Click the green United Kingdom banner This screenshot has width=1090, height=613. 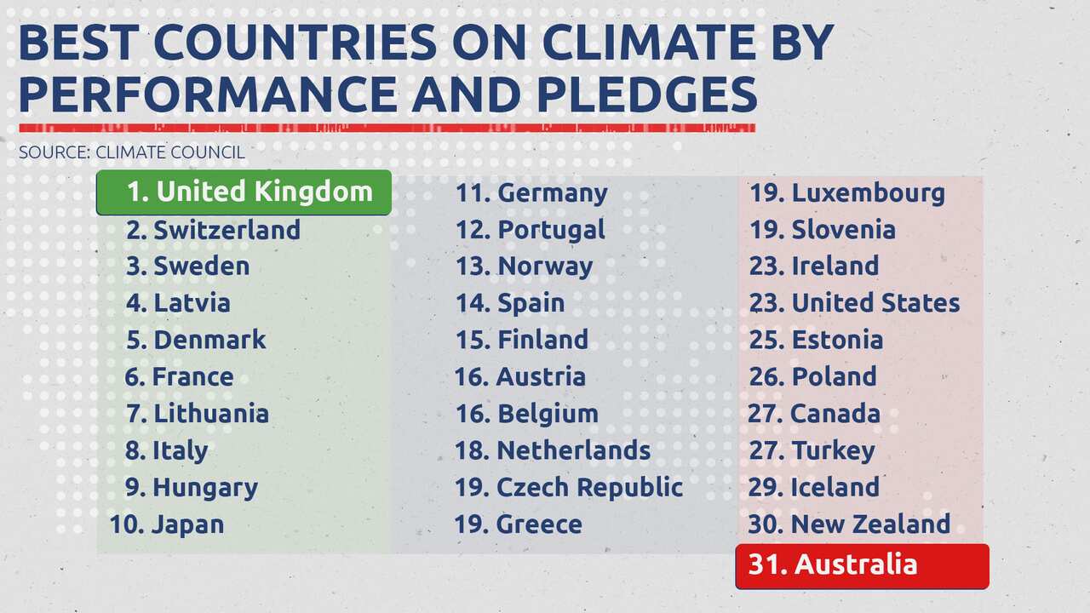click(244, 192)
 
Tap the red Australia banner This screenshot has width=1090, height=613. click(862, 565)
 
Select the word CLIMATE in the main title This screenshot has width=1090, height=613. click(630, 43)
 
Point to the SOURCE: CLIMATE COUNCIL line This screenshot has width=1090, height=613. click(132, 153)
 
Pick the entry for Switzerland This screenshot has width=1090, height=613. click(213, 230)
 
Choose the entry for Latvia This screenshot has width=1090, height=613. click(178, 303)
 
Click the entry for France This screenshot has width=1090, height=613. click(179, 376)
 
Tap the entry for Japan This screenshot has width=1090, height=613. click(167, 524)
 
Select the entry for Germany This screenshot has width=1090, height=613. click(531, 193)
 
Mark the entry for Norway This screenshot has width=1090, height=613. click(524, 266)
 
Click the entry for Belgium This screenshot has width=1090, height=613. click(526, 414)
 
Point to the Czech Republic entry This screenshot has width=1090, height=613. click(569, 487)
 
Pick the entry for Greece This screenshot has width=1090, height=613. click(518, 524)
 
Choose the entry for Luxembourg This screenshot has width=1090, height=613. click(847, 193)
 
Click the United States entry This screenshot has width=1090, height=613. click(855, 303)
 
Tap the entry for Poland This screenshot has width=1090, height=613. click(813, 376)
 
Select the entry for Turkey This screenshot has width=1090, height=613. click(812, 450)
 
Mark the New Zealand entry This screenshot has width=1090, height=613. click(849, 524)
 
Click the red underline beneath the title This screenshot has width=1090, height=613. click(387, 129)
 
